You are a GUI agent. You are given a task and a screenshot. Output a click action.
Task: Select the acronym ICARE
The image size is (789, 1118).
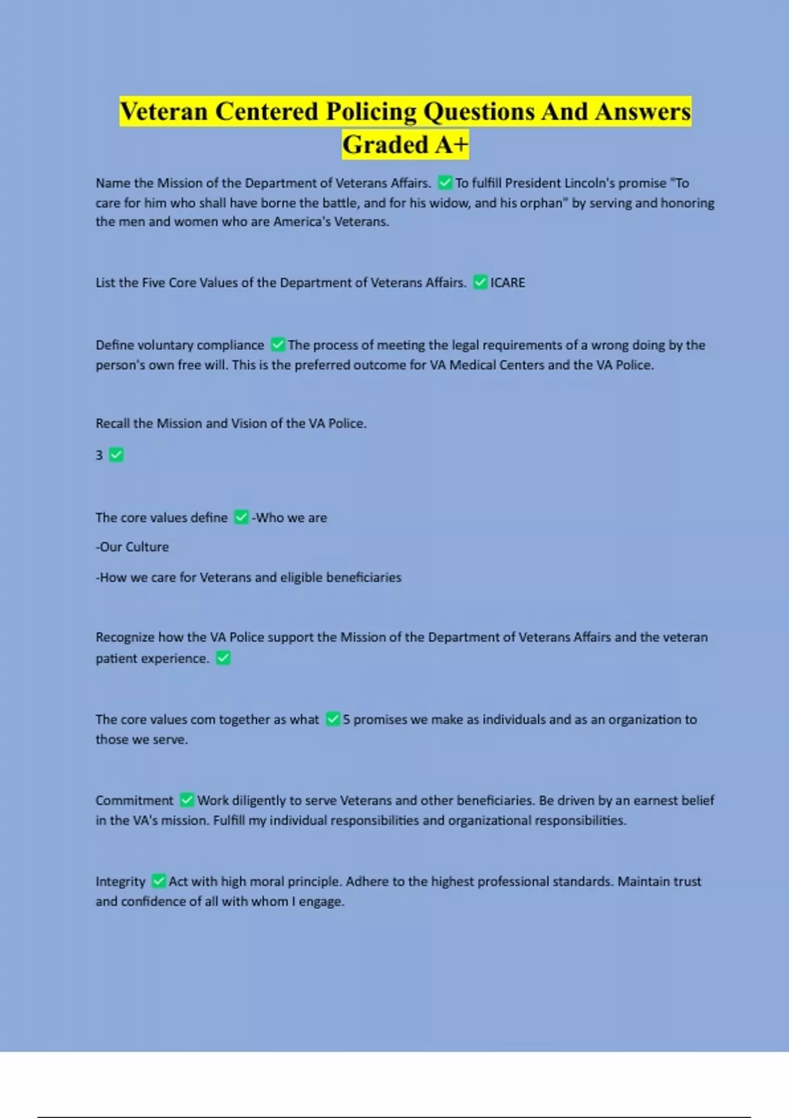point(508,283)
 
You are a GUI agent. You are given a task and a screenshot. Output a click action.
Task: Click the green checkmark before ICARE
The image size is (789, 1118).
point(480,282)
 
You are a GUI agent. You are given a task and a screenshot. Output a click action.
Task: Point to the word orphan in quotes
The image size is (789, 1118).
point(542,203)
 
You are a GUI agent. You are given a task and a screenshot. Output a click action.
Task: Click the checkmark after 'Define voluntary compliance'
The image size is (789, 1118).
point(277,345)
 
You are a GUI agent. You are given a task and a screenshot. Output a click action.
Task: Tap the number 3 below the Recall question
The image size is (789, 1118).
point(99,455)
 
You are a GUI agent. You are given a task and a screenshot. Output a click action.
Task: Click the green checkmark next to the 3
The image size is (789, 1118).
point(116,454)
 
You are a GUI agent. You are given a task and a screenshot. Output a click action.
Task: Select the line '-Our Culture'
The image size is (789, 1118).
point(132,547)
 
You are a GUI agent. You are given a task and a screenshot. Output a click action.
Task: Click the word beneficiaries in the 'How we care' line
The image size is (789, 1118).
point(364,577)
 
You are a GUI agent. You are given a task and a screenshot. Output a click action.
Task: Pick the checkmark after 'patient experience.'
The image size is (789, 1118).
point(224,658)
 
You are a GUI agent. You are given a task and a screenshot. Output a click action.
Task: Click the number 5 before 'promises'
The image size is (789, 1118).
point(347,719)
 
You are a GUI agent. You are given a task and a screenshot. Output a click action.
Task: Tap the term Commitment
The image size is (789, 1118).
point(134,800)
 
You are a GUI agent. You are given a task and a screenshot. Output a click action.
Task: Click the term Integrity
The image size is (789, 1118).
point(120,881)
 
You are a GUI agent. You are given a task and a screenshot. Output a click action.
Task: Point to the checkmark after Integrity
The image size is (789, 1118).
point(158,881)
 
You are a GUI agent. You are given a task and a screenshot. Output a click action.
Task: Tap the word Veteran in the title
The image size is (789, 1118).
point(163,111)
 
